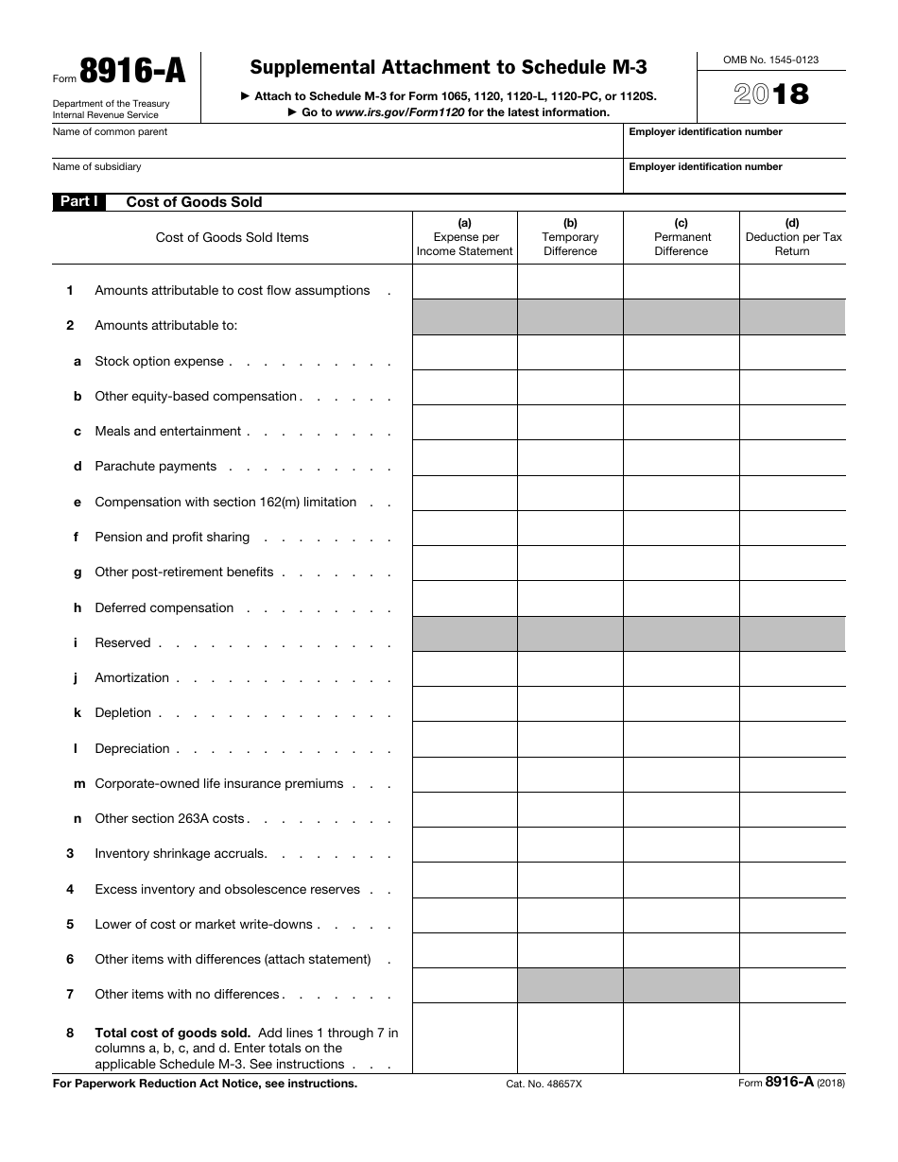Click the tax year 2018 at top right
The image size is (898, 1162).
point(771,94)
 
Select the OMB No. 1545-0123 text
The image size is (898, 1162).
point(770,60)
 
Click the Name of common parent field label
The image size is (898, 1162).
point(110,132)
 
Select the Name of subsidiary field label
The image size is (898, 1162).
point(96,167)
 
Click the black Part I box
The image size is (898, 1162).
point(78,202)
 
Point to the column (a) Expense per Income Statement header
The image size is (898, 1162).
point(465,237)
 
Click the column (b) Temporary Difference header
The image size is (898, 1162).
point(570,237)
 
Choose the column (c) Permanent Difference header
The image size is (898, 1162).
point(681,237)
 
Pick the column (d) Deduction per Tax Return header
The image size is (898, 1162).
point(792,237)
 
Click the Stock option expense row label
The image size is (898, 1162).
point(159,362)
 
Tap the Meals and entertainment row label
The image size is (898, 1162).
point(167,432)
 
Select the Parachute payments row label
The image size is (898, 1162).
point(155,467)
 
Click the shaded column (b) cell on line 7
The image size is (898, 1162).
point(570,985)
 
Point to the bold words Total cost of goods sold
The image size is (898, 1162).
point(172,1034)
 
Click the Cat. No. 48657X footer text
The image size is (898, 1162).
point(544,1085)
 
